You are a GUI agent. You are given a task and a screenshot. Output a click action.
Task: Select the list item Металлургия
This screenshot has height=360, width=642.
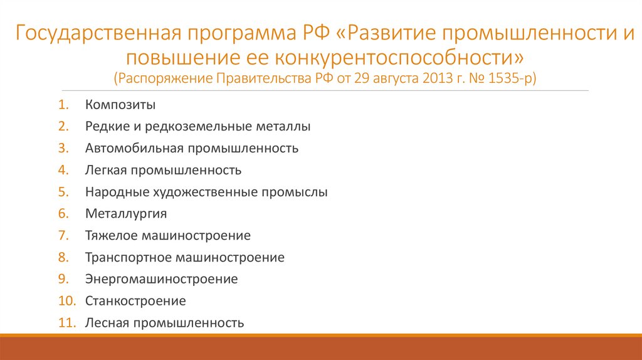point(126,214)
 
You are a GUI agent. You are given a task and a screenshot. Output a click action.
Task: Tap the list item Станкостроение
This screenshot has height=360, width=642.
point(135,301)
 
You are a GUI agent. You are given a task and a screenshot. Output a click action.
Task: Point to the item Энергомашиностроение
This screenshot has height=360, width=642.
point(162,279)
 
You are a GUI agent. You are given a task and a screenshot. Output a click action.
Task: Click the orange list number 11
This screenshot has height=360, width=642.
point(67,323)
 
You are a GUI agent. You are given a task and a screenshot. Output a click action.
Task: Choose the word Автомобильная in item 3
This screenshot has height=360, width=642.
point(134,149)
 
